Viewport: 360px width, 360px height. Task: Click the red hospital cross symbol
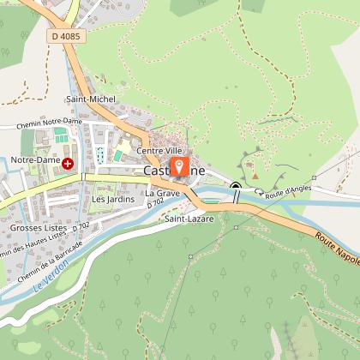[x=67, y=162]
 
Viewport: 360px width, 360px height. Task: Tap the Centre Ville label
[x=167, y=152]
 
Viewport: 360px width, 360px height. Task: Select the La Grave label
[x=162, y=193]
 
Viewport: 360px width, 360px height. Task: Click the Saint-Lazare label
[x=189, y=219]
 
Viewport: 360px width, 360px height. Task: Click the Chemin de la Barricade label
[x=51, y=257]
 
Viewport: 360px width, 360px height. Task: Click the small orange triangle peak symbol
[x=255, y=177]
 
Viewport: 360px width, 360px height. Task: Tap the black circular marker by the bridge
[x=236, y=185]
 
